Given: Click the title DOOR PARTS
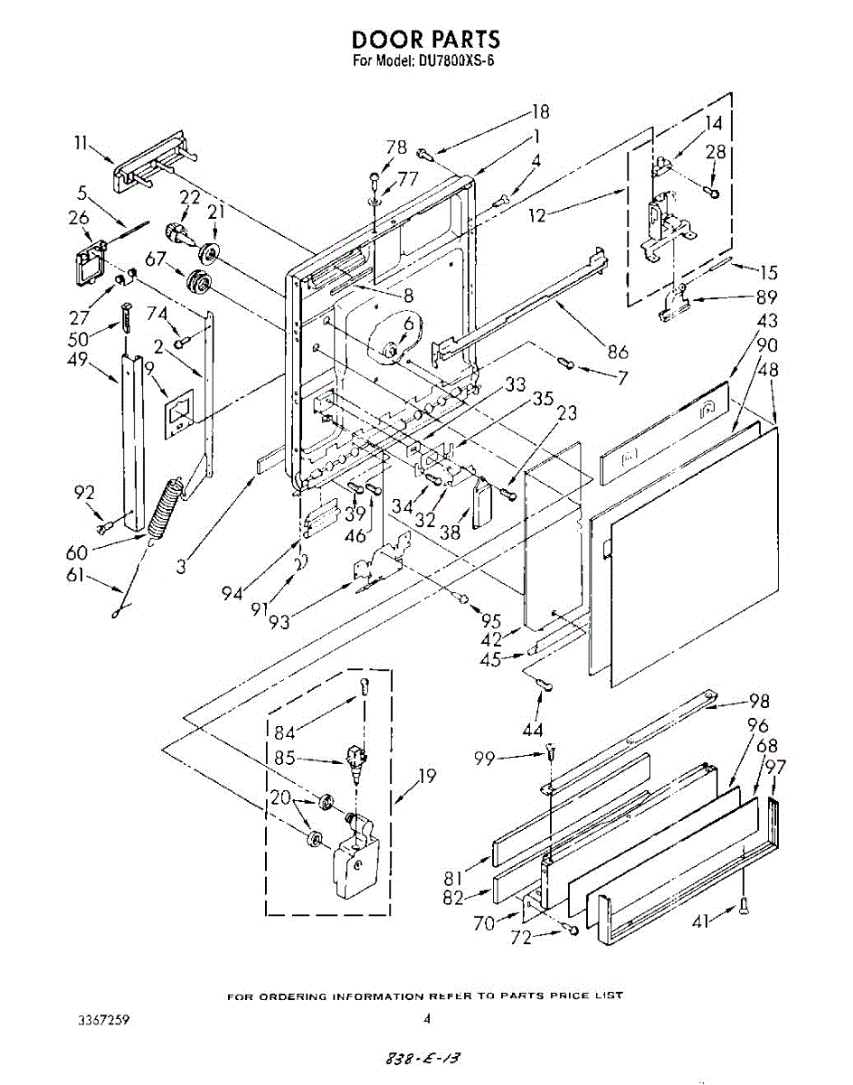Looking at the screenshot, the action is [x=426, y=40].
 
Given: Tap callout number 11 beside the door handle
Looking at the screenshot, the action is [x=81, y=143].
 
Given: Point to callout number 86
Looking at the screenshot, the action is [x=618, y=352].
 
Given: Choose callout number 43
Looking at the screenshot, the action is [x=766, y=321].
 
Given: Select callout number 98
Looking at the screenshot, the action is [x=759, y=701].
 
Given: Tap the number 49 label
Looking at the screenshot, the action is [x=78, y=359].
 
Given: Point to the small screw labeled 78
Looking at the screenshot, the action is [x=375, y=177].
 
